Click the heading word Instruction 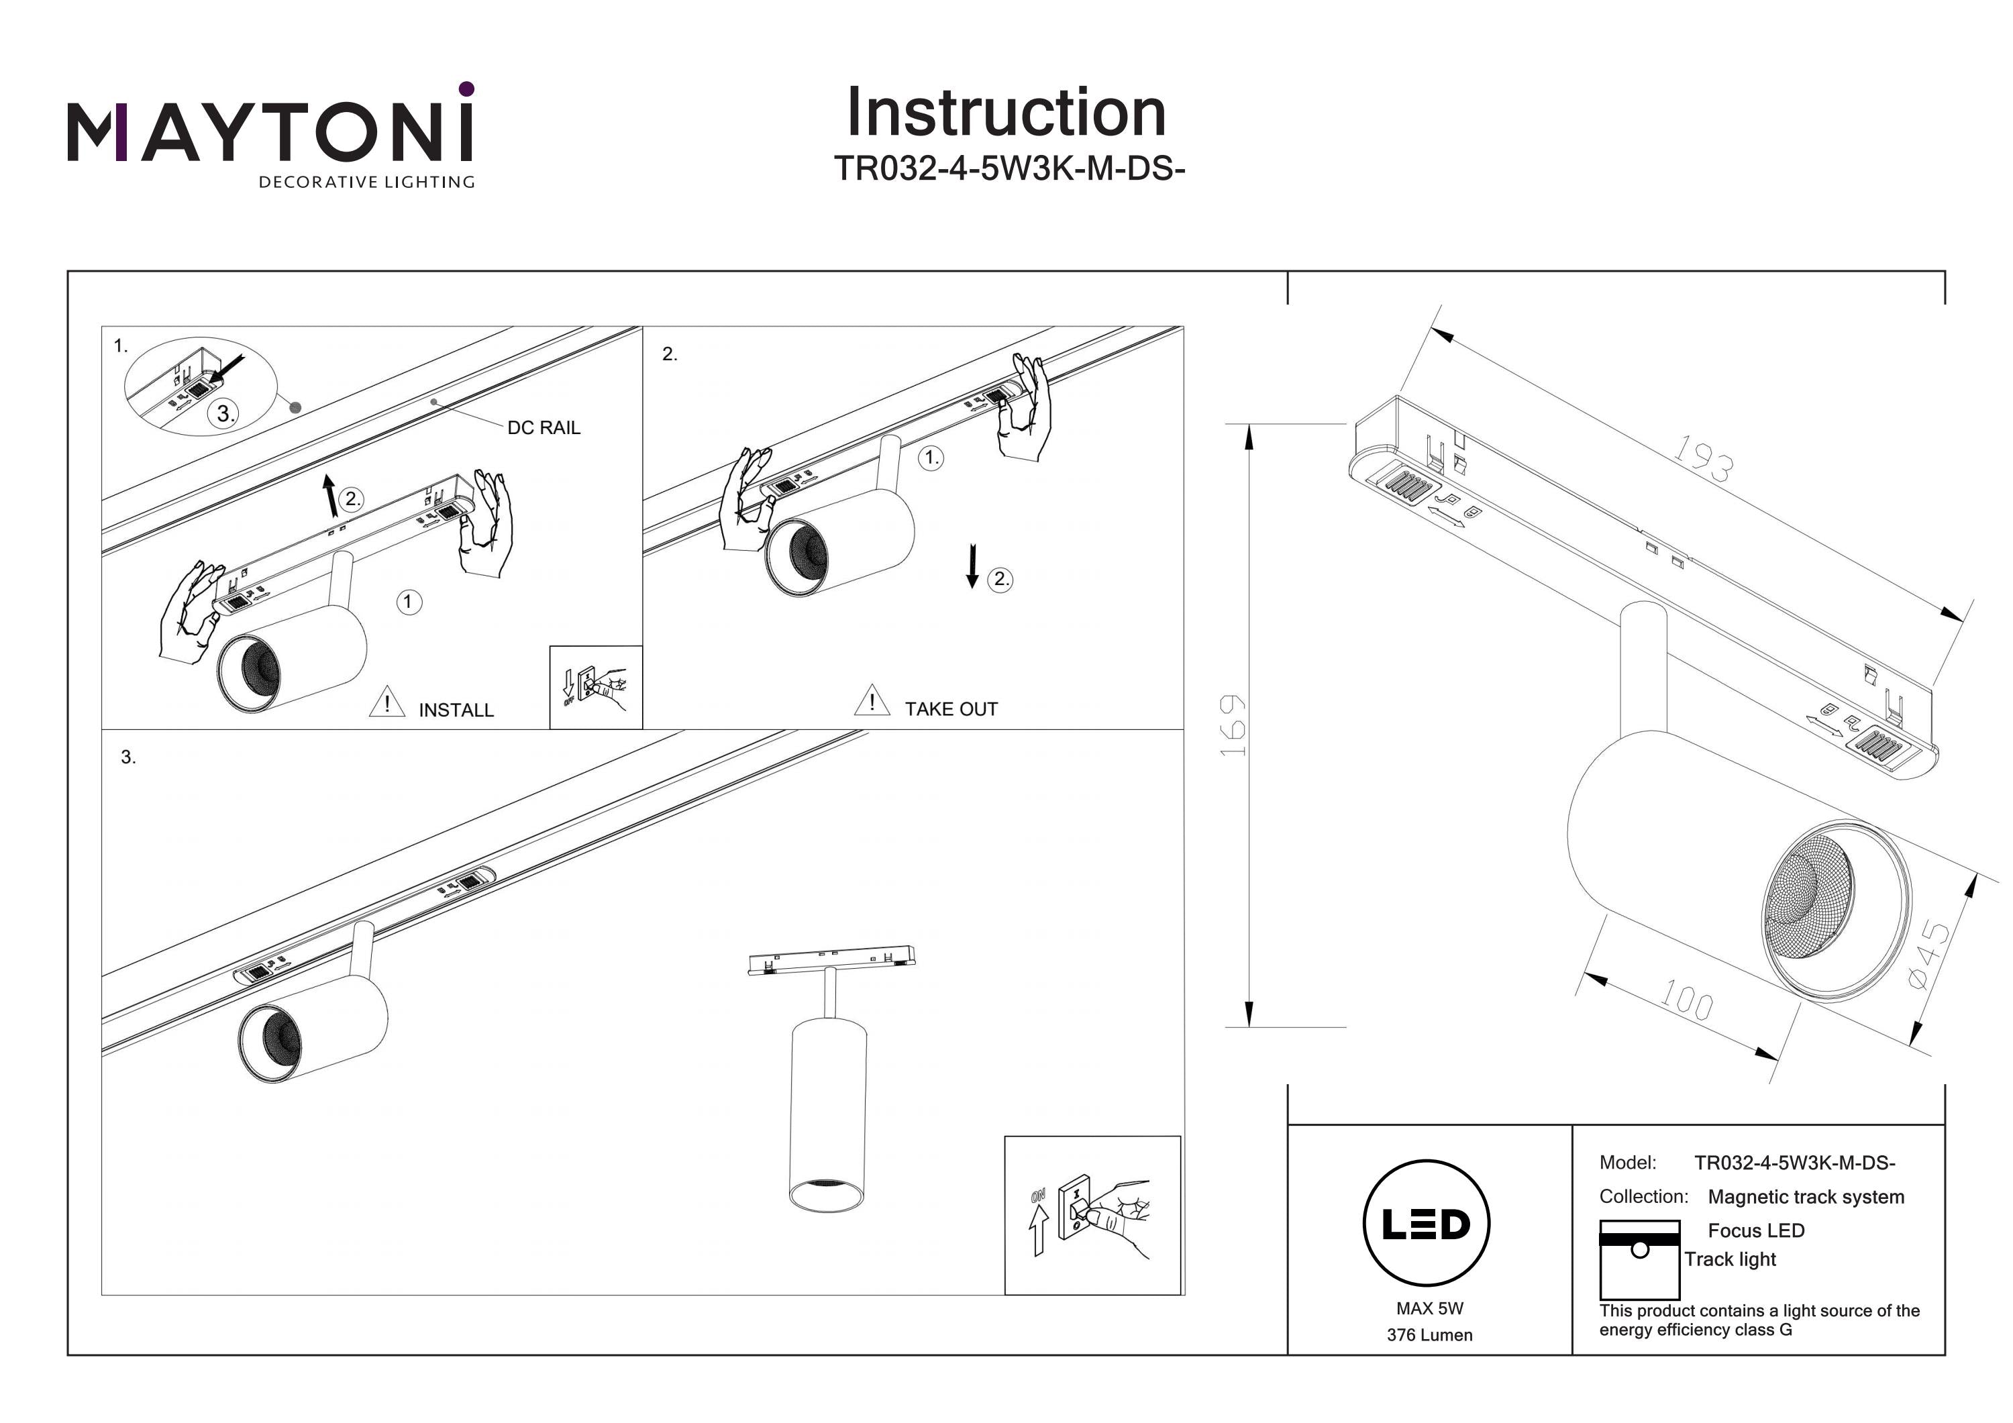click(1006, 113)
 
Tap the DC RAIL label click(544, 428)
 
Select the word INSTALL click(456, 710)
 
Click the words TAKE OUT click(951, 709)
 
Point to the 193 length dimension click(1702, 458)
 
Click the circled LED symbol click(1427, 1224)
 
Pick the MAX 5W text click(1430, 1308)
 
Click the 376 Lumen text click(1429, 1335)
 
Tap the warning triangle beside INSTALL click(386, 703)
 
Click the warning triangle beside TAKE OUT click(872, 700)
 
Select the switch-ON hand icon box click(1092, 1215)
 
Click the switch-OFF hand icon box click(597, 688)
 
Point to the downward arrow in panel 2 click(972, 566)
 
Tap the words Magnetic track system click(1806, 1197)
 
